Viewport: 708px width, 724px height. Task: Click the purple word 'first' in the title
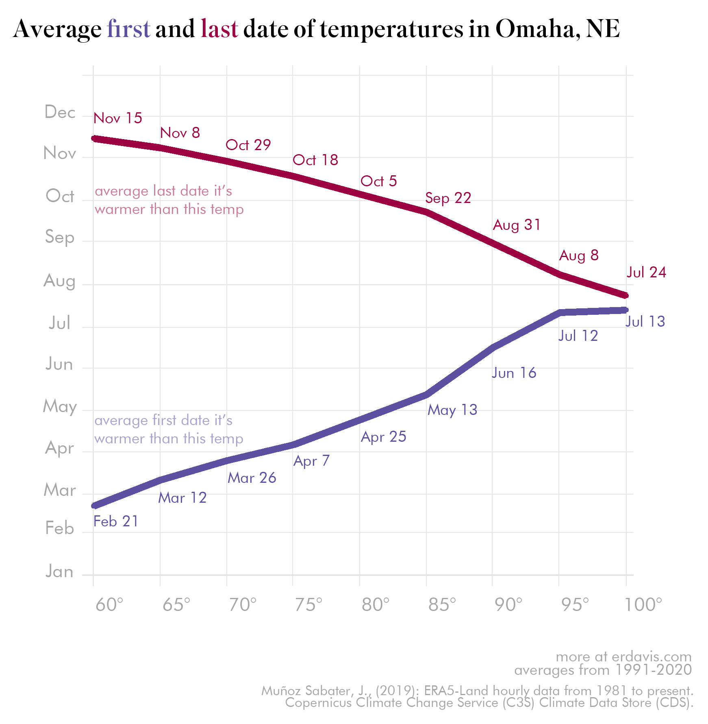tap(128, 29)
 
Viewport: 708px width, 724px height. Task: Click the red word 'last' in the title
tap(219, 29)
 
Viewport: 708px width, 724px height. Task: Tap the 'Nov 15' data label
tap(118, 118)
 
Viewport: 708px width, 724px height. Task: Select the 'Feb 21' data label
tap(116, 521)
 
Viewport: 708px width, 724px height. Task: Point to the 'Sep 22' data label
tap(448, 198)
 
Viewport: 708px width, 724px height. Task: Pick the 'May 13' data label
tap(452, 410)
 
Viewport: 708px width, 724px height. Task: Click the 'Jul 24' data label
tap(646, 273)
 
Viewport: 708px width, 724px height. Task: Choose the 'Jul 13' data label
tap(645, 322)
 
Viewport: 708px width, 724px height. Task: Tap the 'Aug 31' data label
tap(517, 225)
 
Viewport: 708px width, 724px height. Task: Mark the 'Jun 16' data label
tap(514, 373)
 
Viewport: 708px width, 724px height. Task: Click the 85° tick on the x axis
tap(442, 605)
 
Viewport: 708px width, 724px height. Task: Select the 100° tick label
tap(643, 605)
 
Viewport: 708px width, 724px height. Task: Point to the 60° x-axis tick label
tap(109, 605)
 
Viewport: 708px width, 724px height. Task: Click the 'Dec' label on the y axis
tap(60, 112)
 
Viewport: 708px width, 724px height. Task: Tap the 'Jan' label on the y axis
tap(59, 572)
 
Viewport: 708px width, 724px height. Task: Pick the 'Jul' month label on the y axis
tap(59, 323)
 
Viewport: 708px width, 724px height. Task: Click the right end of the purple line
tap(626, 310)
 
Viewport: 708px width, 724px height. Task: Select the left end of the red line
tap(94, 138)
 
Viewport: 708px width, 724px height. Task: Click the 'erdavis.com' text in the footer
tap(652, 657)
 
